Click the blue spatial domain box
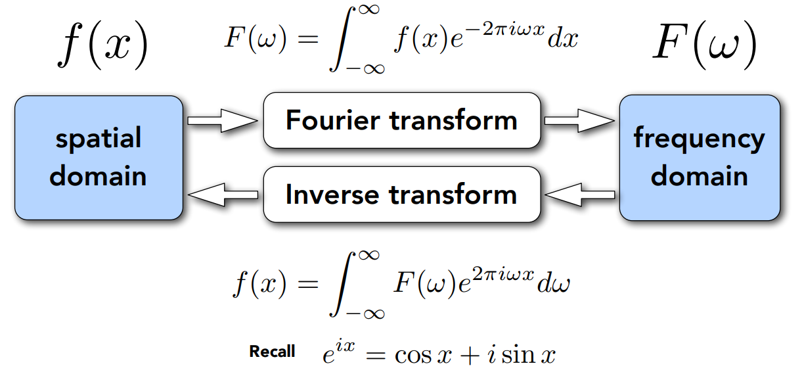99,158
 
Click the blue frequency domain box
700,158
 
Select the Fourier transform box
401,121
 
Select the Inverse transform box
401,195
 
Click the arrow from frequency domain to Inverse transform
579,195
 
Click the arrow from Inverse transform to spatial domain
222,195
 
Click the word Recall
272,352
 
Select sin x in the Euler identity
531,356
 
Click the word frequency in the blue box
700,139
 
